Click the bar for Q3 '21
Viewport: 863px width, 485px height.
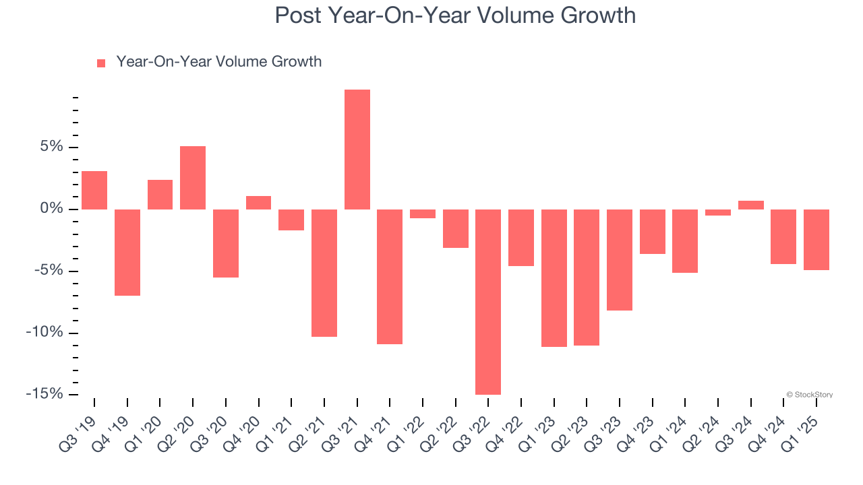tap(357, 150)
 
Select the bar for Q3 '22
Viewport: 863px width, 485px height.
tap(488, 302)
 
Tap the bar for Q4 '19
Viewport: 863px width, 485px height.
tap(127, 253)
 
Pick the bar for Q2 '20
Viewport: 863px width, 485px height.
tap(193, 178)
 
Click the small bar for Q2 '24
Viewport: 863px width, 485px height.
tap(718, 212)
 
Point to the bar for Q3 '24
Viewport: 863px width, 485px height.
tap(751, 205)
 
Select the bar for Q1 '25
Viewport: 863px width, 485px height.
tap(816, 240)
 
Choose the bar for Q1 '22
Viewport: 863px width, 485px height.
tap(423, 214)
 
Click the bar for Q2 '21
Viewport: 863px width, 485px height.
tap(324, 273)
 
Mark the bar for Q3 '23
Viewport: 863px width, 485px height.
tap(620, 260)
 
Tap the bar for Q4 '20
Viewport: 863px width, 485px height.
tap(258, 203)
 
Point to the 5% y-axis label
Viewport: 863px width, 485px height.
tap(51, 147)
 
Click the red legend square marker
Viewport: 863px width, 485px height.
tap(101, 63)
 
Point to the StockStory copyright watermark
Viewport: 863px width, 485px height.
tap(810, 395)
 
